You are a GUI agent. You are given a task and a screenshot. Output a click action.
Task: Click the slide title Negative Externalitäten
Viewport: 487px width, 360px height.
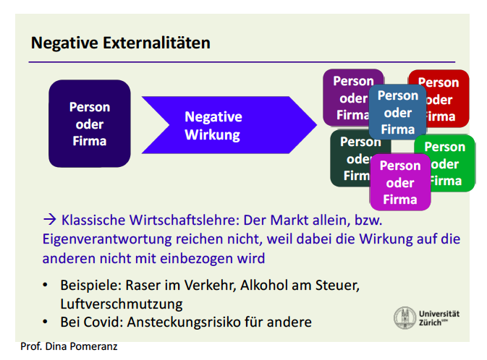120,43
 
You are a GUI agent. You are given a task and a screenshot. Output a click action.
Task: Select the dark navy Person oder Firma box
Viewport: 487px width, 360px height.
89,124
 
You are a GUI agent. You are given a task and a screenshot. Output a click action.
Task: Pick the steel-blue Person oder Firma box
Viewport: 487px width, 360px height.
397,112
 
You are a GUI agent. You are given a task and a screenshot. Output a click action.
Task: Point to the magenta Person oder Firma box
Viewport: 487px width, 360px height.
400,182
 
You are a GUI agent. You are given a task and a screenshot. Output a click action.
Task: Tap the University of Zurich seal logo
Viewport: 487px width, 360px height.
404,318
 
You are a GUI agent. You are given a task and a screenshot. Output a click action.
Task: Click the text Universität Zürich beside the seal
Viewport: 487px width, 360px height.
439,318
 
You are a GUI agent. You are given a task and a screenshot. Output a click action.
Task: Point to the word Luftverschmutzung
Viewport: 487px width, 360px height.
122,304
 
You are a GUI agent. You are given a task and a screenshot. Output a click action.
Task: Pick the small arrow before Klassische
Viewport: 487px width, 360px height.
49,218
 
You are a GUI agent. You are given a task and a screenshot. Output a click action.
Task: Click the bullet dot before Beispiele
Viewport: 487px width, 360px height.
45,286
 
